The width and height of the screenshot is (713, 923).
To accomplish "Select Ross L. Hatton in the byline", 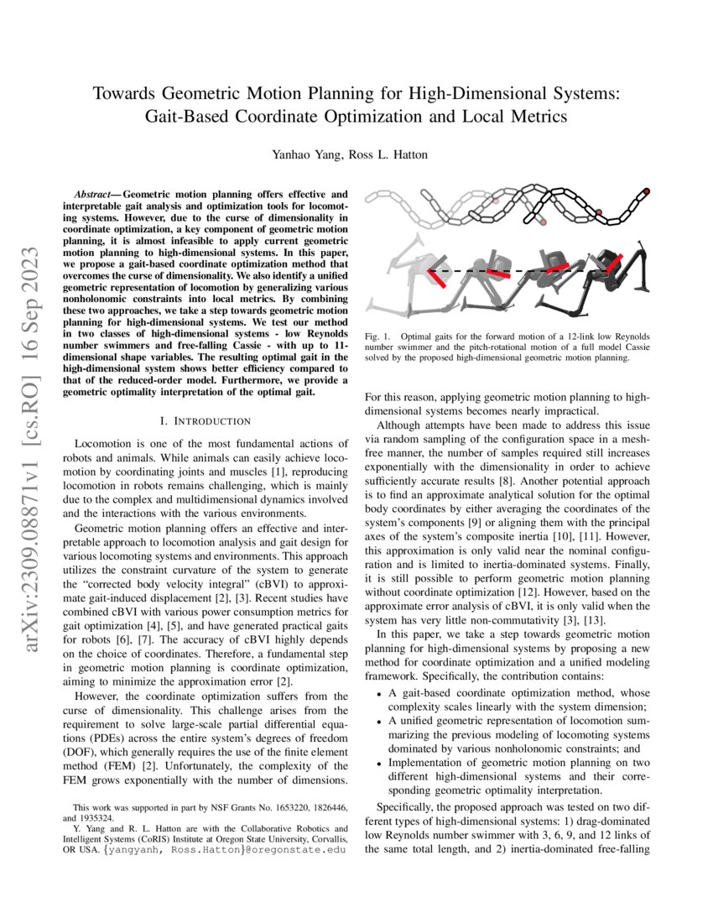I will click(399, 154).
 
